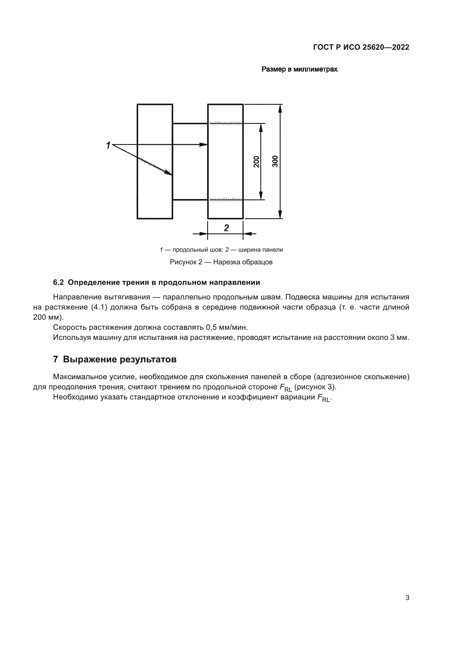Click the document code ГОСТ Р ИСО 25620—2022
pos(361,47)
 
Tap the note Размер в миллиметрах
pos(299,69)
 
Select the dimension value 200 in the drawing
pos(257,162)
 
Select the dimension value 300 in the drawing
pos(275,162)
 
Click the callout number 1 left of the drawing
pos(108,146)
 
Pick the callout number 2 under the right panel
pos(226,228)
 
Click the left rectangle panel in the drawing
pos(155,162)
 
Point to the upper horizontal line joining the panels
pos(190,124)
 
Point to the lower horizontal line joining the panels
pos(190,200)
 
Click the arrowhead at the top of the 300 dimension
pos(280,109)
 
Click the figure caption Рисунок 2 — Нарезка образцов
pos(221,262)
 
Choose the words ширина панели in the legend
pos(261,250)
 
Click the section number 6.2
pos(58,282)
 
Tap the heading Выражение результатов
pos(120,360)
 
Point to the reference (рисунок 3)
pos(315,387)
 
